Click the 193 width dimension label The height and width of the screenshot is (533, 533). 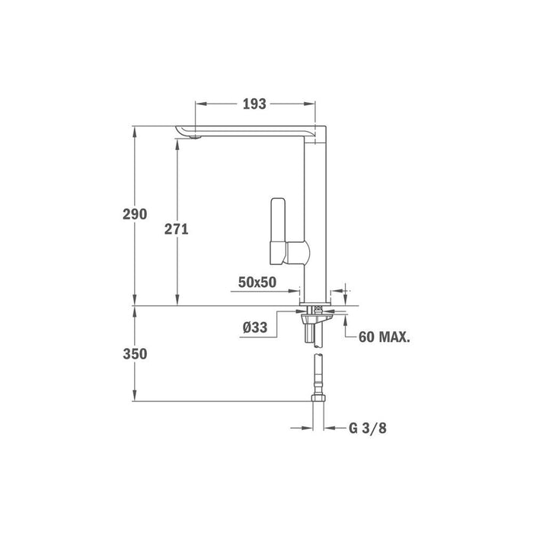pyautogui.click(x=254, y=104)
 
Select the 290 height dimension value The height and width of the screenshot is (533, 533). pyautogui.click(x=135, y=214)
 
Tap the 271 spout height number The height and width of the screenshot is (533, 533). pyautogui.click(x=176, y=229)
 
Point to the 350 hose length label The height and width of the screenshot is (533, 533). pyautogui.click(x=135, y=354)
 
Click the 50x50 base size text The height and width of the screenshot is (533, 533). pyautogui.click(x=257, y=282)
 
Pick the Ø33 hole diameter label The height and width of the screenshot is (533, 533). pyautogui.click(x=255, y=327)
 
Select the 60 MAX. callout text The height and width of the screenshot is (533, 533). pyautogui.click(x=384, y=337)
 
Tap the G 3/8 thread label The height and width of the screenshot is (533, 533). pyautogui.click(x=368, y=428)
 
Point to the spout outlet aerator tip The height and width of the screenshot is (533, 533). pyautogui.click(x=195, y=137)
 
